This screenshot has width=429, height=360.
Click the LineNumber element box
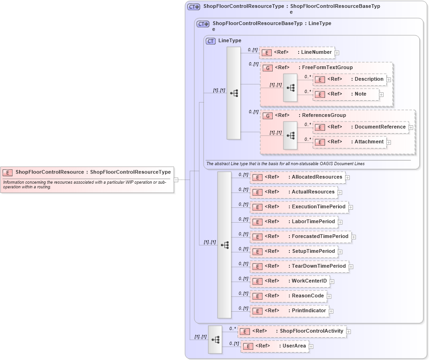297,52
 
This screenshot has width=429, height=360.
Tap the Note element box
346,94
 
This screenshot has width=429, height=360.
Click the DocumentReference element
361,127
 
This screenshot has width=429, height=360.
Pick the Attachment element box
350,142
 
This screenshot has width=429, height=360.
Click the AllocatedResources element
297,177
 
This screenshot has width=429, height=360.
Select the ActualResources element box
294,192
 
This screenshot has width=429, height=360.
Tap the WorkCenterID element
290,281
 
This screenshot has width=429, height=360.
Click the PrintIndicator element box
289,311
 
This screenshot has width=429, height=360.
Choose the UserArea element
275,346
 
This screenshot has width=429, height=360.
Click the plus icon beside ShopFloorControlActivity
349,332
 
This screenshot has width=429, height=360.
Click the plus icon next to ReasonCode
329,296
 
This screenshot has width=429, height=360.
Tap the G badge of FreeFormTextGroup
268,68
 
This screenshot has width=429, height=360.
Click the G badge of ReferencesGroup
268,116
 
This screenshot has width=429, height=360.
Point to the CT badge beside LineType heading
211,41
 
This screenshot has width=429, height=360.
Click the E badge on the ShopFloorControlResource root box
7,172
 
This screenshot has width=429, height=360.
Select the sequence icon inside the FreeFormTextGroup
291,87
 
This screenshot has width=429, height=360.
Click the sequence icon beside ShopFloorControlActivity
215,339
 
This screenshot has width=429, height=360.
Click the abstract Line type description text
285,164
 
